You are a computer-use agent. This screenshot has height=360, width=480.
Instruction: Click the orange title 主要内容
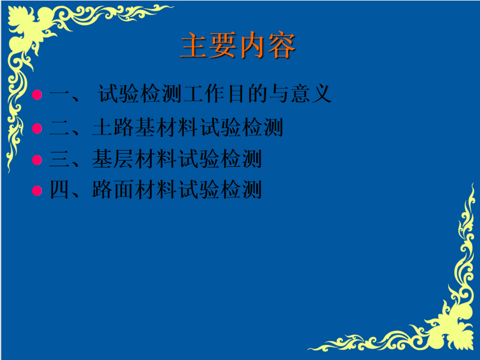[x=238, y=45]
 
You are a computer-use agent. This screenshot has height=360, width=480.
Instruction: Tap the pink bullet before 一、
[x=37, y=94]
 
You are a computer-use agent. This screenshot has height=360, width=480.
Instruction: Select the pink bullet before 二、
[x=37, y=128]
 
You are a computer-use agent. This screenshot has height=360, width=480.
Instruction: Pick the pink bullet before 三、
[x=37, y=160]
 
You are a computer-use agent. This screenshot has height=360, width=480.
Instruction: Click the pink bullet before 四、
[x=37, y=191]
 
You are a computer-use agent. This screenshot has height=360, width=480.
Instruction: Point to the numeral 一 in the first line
[x=59, y=94]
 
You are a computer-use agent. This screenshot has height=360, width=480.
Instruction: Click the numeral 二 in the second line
[x=59, y=127]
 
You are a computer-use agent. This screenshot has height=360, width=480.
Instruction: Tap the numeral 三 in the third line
[x=59, y=159]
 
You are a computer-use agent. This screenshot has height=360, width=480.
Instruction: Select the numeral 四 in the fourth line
[x=59, y=190]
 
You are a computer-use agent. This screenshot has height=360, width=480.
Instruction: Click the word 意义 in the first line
[x=311, y=94]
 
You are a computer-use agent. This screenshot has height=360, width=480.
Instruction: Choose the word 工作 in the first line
[x=204, y=94]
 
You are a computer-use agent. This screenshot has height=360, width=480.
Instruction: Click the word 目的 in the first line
[x=247, y=94]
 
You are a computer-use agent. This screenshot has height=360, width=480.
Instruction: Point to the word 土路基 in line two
[x=124, y=127]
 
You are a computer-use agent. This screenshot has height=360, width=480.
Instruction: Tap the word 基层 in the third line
[x=112, y=159]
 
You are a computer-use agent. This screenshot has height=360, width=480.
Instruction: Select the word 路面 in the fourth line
[x=112, y=190]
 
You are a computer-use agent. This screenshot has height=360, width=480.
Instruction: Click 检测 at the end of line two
[x=262, y=127]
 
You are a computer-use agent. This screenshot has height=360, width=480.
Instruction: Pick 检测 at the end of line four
[x=241, y=190]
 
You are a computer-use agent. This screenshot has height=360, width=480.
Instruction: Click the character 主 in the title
[x=194, y=45]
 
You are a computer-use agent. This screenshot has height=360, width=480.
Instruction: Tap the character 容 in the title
[x=282, y=45]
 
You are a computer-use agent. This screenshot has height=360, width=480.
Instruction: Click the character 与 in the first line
[x=279, y=94]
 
